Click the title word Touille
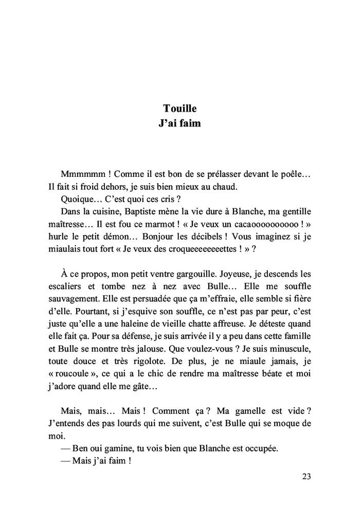pos(179,108)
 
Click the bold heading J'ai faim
pos(179,123)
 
